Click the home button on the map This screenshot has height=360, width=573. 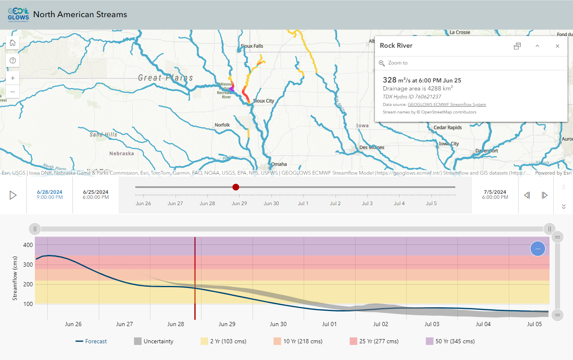(x=13, y=43)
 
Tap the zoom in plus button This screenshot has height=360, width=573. (x=13, y=78)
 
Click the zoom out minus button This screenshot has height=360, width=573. (x=13, y=92)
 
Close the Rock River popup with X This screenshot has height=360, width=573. (x=557, y=46)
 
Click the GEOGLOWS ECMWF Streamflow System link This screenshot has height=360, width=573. (x=447, y=105)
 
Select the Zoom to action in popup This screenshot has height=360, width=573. (x=397, y=63)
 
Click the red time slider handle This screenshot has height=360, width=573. (x=236, y=187)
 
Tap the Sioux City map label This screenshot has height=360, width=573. (x=263, y=101)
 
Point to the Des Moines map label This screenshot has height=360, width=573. (x=372, y=147)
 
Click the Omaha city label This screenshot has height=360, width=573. (x=279, y=164)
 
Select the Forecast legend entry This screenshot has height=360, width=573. (x=96, y=341)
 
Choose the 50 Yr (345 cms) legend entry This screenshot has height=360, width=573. (x=455, y=341)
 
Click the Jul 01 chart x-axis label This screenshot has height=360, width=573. (x=329, y=324)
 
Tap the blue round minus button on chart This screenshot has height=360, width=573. (x=537, y=249)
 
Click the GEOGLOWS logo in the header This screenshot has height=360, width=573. (x=18, y=15)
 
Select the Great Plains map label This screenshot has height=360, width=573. (x=165, y=78)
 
